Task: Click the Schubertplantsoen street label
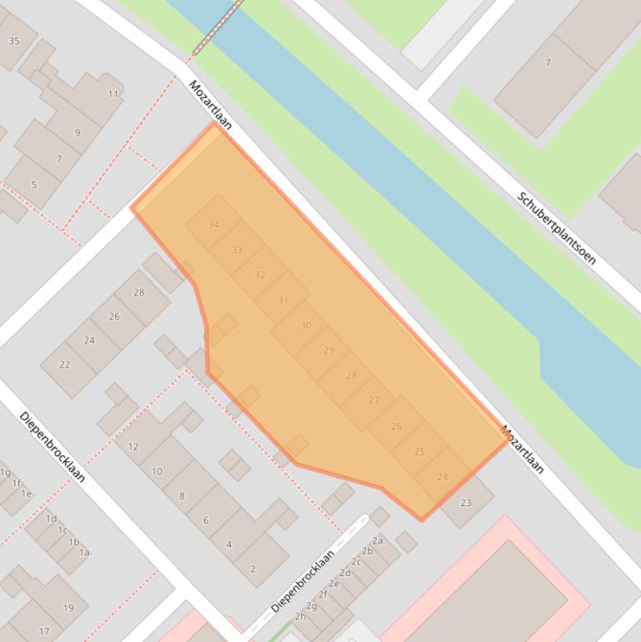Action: click(x=556, y=228)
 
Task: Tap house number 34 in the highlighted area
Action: click(x=214, y=225)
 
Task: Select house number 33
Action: click(x=237, y=250)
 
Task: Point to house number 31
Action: click(x=283, y=300)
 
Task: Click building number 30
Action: click(x=306, y=326)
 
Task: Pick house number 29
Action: click(x=328, y=351)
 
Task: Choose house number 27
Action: click(x=373, y=400)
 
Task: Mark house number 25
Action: click(x=419, y=452)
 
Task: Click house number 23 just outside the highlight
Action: click(x=465, y=503)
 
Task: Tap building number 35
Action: click(x=14, y=41)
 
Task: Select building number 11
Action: click(x=113, y=94)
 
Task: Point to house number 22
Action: click(x=64, y=365)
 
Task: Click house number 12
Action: click(x=133, y=447)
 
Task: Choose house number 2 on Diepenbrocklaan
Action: click(x=253, y=569)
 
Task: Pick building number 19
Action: click(x=68, y=608)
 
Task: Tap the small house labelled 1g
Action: click(x=6, y=473)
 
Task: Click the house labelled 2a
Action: click(x=378, y=541)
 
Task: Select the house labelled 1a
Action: click(x=84, y=552)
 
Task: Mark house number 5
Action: click(x=34, y=185)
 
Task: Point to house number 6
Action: click(x=206, y=520)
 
